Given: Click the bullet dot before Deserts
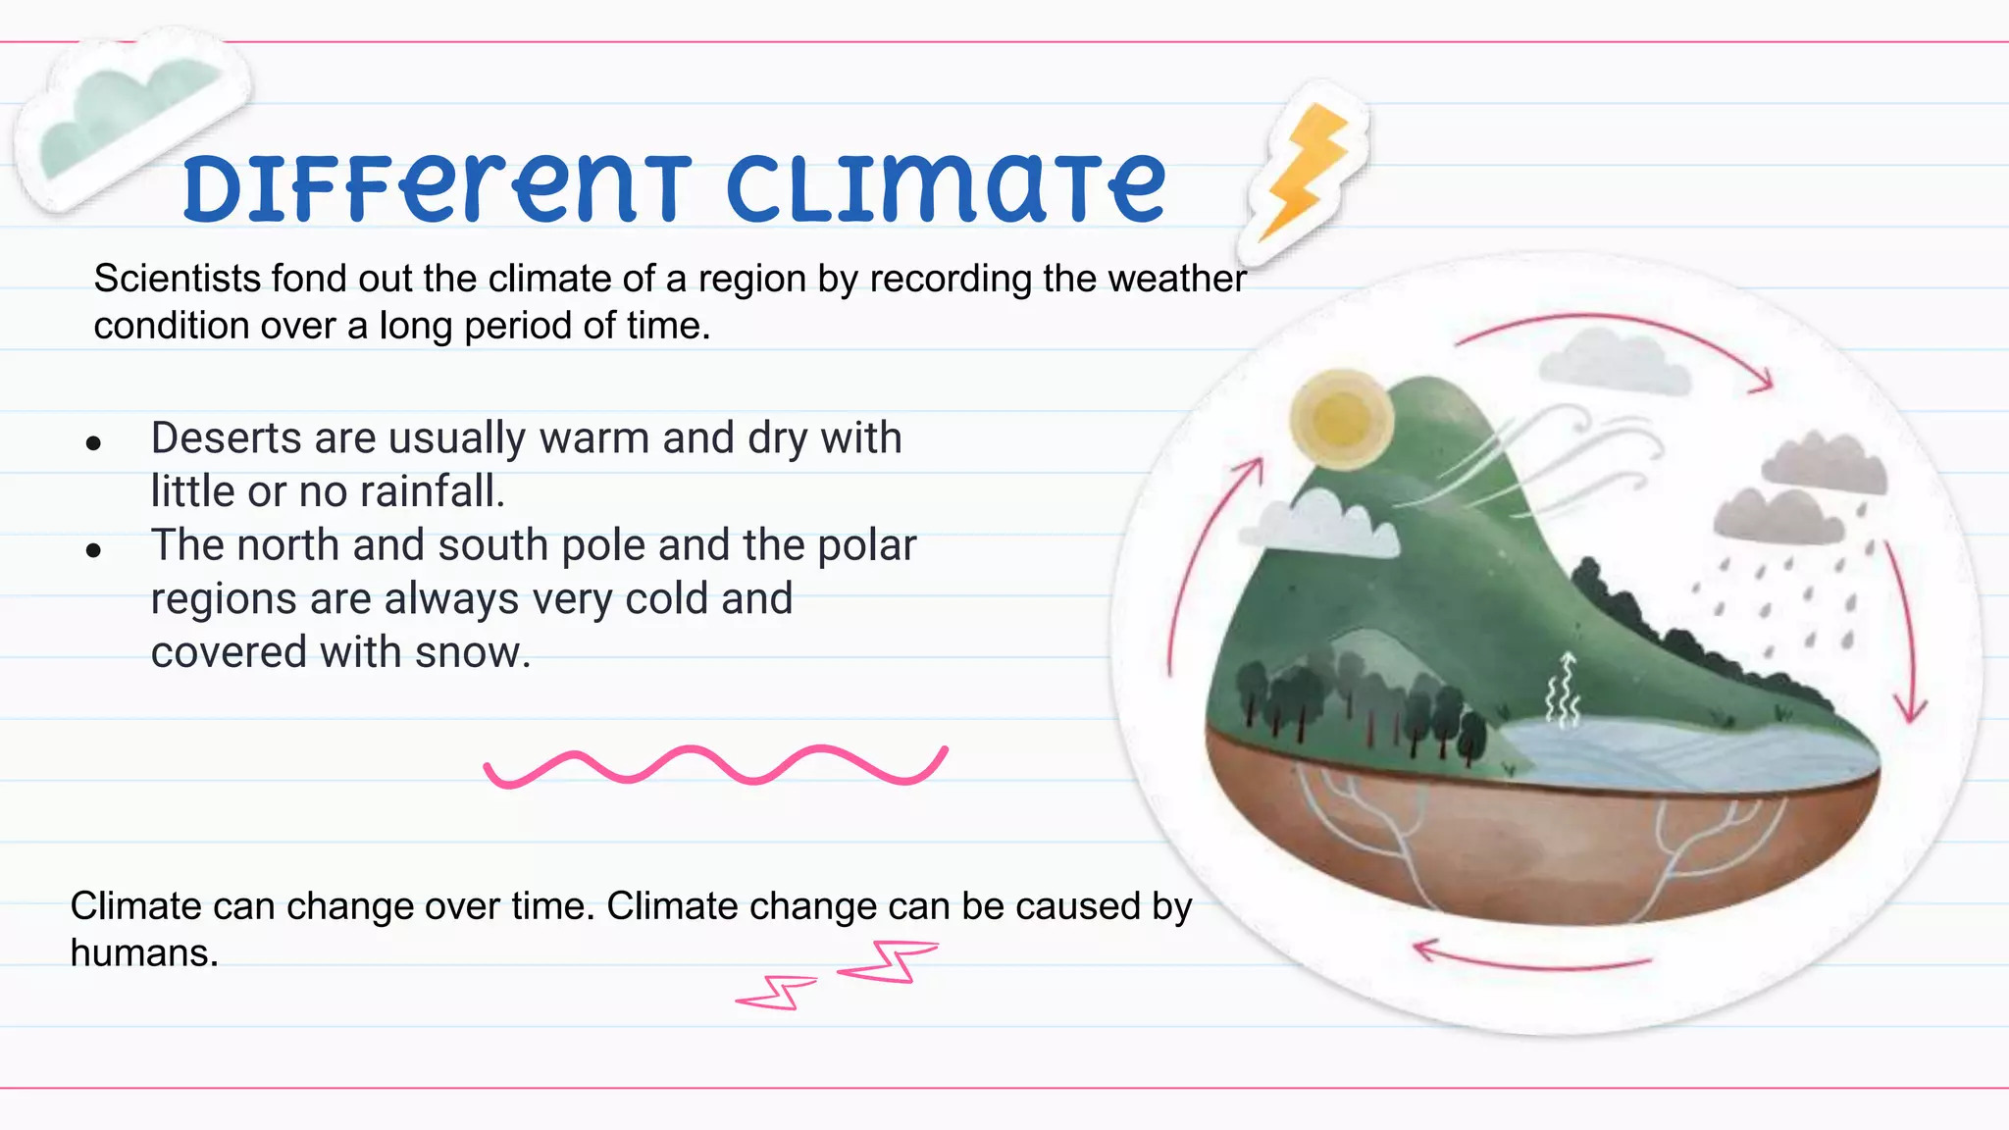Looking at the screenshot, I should (93, 443).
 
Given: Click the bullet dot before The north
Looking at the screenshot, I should (93, 550).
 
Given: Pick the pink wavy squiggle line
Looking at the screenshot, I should (716, 765).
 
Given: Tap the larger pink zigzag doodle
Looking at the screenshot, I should (889, 960).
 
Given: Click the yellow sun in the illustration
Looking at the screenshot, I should (1341, 419).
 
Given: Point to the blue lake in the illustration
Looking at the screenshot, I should (1668, 750).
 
